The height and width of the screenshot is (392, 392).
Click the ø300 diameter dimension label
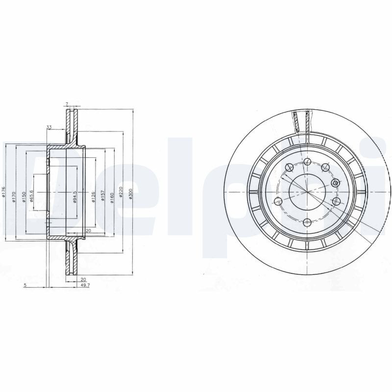130,195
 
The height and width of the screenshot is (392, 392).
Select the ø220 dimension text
120,195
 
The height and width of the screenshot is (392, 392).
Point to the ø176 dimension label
3,193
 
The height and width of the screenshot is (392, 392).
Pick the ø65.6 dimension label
31,196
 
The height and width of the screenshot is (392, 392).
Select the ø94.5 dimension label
74,197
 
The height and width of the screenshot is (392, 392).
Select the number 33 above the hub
49,127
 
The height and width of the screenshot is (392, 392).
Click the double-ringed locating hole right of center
335,184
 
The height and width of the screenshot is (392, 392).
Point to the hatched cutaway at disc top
301,121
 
